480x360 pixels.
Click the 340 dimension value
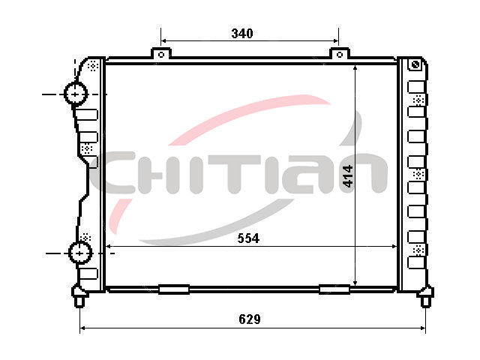[242, 33]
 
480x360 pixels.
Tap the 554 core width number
[248, 238]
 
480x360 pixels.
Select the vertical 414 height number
[348, 176]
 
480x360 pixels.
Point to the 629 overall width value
[250, 319]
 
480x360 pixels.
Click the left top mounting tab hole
[161, 55]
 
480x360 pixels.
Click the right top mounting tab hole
[340, 55]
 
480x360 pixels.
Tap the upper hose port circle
[75, 94]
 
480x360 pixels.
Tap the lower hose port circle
[80, 253]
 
